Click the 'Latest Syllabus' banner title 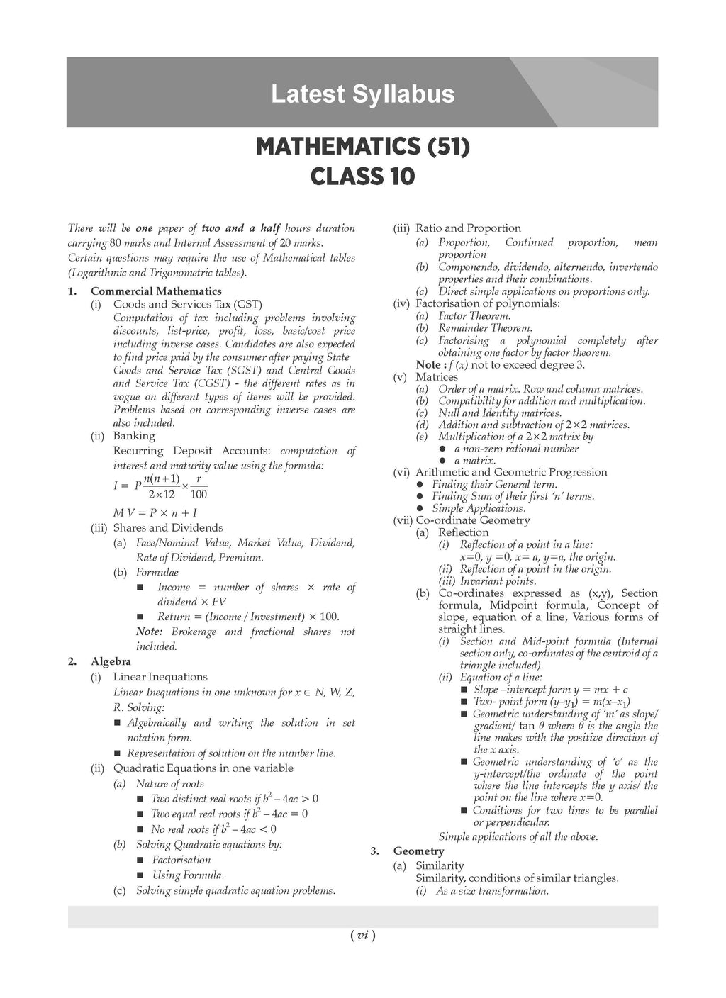[362, 94]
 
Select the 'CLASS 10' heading [362, 176]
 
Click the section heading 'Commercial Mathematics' [156, 291]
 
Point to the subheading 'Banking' [134, 436]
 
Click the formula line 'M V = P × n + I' [155, 512]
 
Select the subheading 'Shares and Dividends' [168, 528]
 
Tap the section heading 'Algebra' [111, 662]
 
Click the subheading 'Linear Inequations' [160, 677]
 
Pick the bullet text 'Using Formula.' [188, 875]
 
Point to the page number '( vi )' [362, 936]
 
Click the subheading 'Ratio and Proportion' [468, 228]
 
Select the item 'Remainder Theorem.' [485, 328]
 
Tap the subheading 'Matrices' [437, 377]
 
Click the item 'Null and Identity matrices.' [500, 413]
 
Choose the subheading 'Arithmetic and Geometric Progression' [511, 472]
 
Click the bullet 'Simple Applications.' [479, 508]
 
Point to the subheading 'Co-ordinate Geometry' [473, 520]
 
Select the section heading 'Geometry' [418, 851]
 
